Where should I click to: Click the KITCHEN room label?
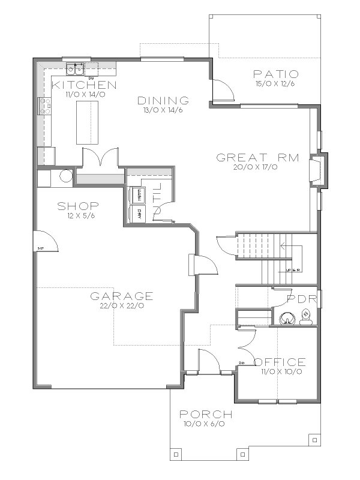[83, 85]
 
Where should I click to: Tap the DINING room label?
[163, 100]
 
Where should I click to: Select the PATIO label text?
[277, 74]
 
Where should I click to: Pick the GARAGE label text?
[122, 296]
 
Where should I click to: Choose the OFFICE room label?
[280, 362]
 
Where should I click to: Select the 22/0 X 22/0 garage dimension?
[122, 305]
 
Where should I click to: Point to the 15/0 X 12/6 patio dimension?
[277, 84]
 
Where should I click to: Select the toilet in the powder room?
[306, 316]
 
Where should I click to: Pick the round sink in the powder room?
[287, 318]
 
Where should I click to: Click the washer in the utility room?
[139, 195]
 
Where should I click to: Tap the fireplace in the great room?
[318, 170]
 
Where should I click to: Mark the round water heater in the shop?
[66, 178]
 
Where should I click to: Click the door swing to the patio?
[220, 90]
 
